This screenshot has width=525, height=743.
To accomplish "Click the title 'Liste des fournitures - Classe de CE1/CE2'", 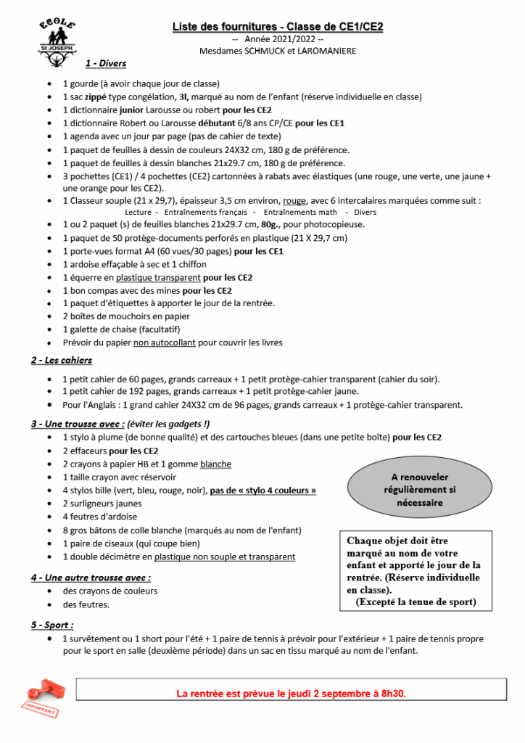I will tap(278, 27).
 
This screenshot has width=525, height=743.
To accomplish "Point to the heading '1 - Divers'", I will tap(106, 64).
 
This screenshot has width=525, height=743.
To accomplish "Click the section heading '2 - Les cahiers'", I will tap(62, 360).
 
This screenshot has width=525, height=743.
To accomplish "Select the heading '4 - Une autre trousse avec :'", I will tap(91, 578).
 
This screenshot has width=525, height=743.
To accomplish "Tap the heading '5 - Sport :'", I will tap(52, 625).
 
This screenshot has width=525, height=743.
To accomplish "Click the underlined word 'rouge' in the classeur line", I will tap(294, 201).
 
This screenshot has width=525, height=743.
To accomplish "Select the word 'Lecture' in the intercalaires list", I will tap(138, 213).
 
